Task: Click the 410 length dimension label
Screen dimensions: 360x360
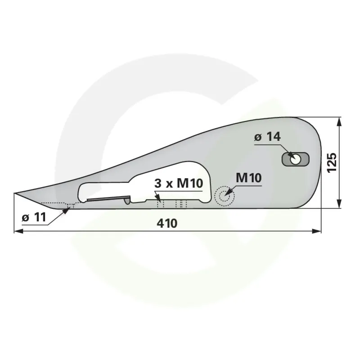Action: (167, 223)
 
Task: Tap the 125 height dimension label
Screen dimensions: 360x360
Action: (332, 162)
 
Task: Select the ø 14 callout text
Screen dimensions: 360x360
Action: (267, 137)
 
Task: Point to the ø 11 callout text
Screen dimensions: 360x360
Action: (34, 217)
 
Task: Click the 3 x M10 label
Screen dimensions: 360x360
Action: (179, 184)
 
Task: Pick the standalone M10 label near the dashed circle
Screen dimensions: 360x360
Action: (249, 178)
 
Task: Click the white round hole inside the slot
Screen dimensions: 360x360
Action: (295, 159)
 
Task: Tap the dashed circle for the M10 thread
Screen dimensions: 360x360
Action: (224, 196)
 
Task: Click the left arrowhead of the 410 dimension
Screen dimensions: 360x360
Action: (18, 231)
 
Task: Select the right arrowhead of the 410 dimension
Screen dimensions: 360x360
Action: (317, 231)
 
